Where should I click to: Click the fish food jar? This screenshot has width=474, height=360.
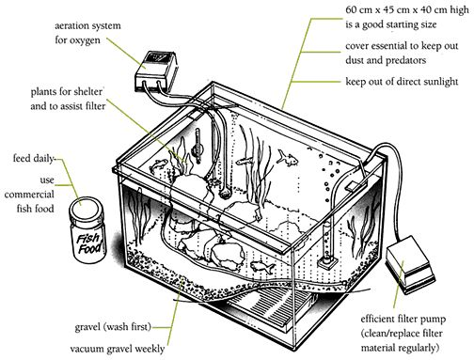[x=87, y=230]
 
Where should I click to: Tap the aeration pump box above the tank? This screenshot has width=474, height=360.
[x=155, y=71]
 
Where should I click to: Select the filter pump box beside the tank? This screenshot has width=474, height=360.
[x=411, y=262]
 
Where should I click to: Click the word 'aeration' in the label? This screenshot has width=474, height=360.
[x=74, y=25]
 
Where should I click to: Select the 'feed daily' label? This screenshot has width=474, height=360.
[x=34, y=159]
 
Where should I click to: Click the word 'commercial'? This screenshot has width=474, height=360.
[x=29, y=195]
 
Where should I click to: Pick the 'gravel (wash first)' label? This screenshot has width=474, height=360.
[x=113, y=327]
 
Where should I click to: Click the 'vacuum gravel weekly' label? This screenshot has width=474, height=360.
[x=117, y=349]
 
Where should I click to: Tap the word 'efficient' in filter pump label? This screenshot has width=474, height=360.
[x=377, y=319]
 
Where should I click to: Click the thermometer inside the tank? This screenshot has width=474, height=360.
[x=197, y=147]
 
